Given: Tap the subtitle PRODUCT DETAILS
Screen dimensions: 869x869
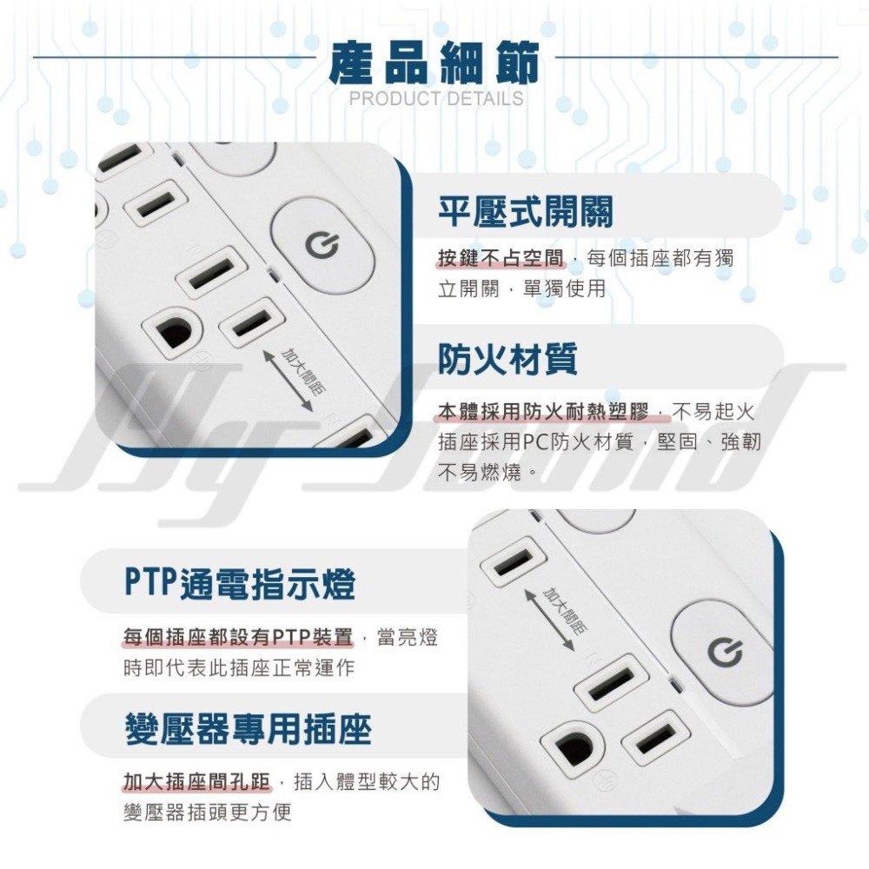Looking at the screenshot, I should pos(436,98).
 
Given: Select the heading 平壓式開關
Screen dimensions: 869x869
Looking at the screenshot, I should pos(525,212).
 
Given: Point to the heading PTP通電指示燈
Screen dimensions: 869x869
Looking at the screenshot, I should pos(239,584).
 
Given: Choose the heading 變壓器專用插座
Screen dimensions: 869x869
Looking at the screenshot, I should pos(248,728).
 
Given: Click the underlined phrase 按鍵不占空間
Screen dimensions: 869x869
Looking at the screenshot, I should pos(500,258).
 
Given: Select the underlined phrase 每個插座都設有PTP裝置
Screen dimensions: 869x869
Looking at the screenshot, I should pos(237,639).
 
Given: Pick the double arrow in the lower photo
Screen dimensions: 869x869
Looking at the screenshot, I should pos(551,617).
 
